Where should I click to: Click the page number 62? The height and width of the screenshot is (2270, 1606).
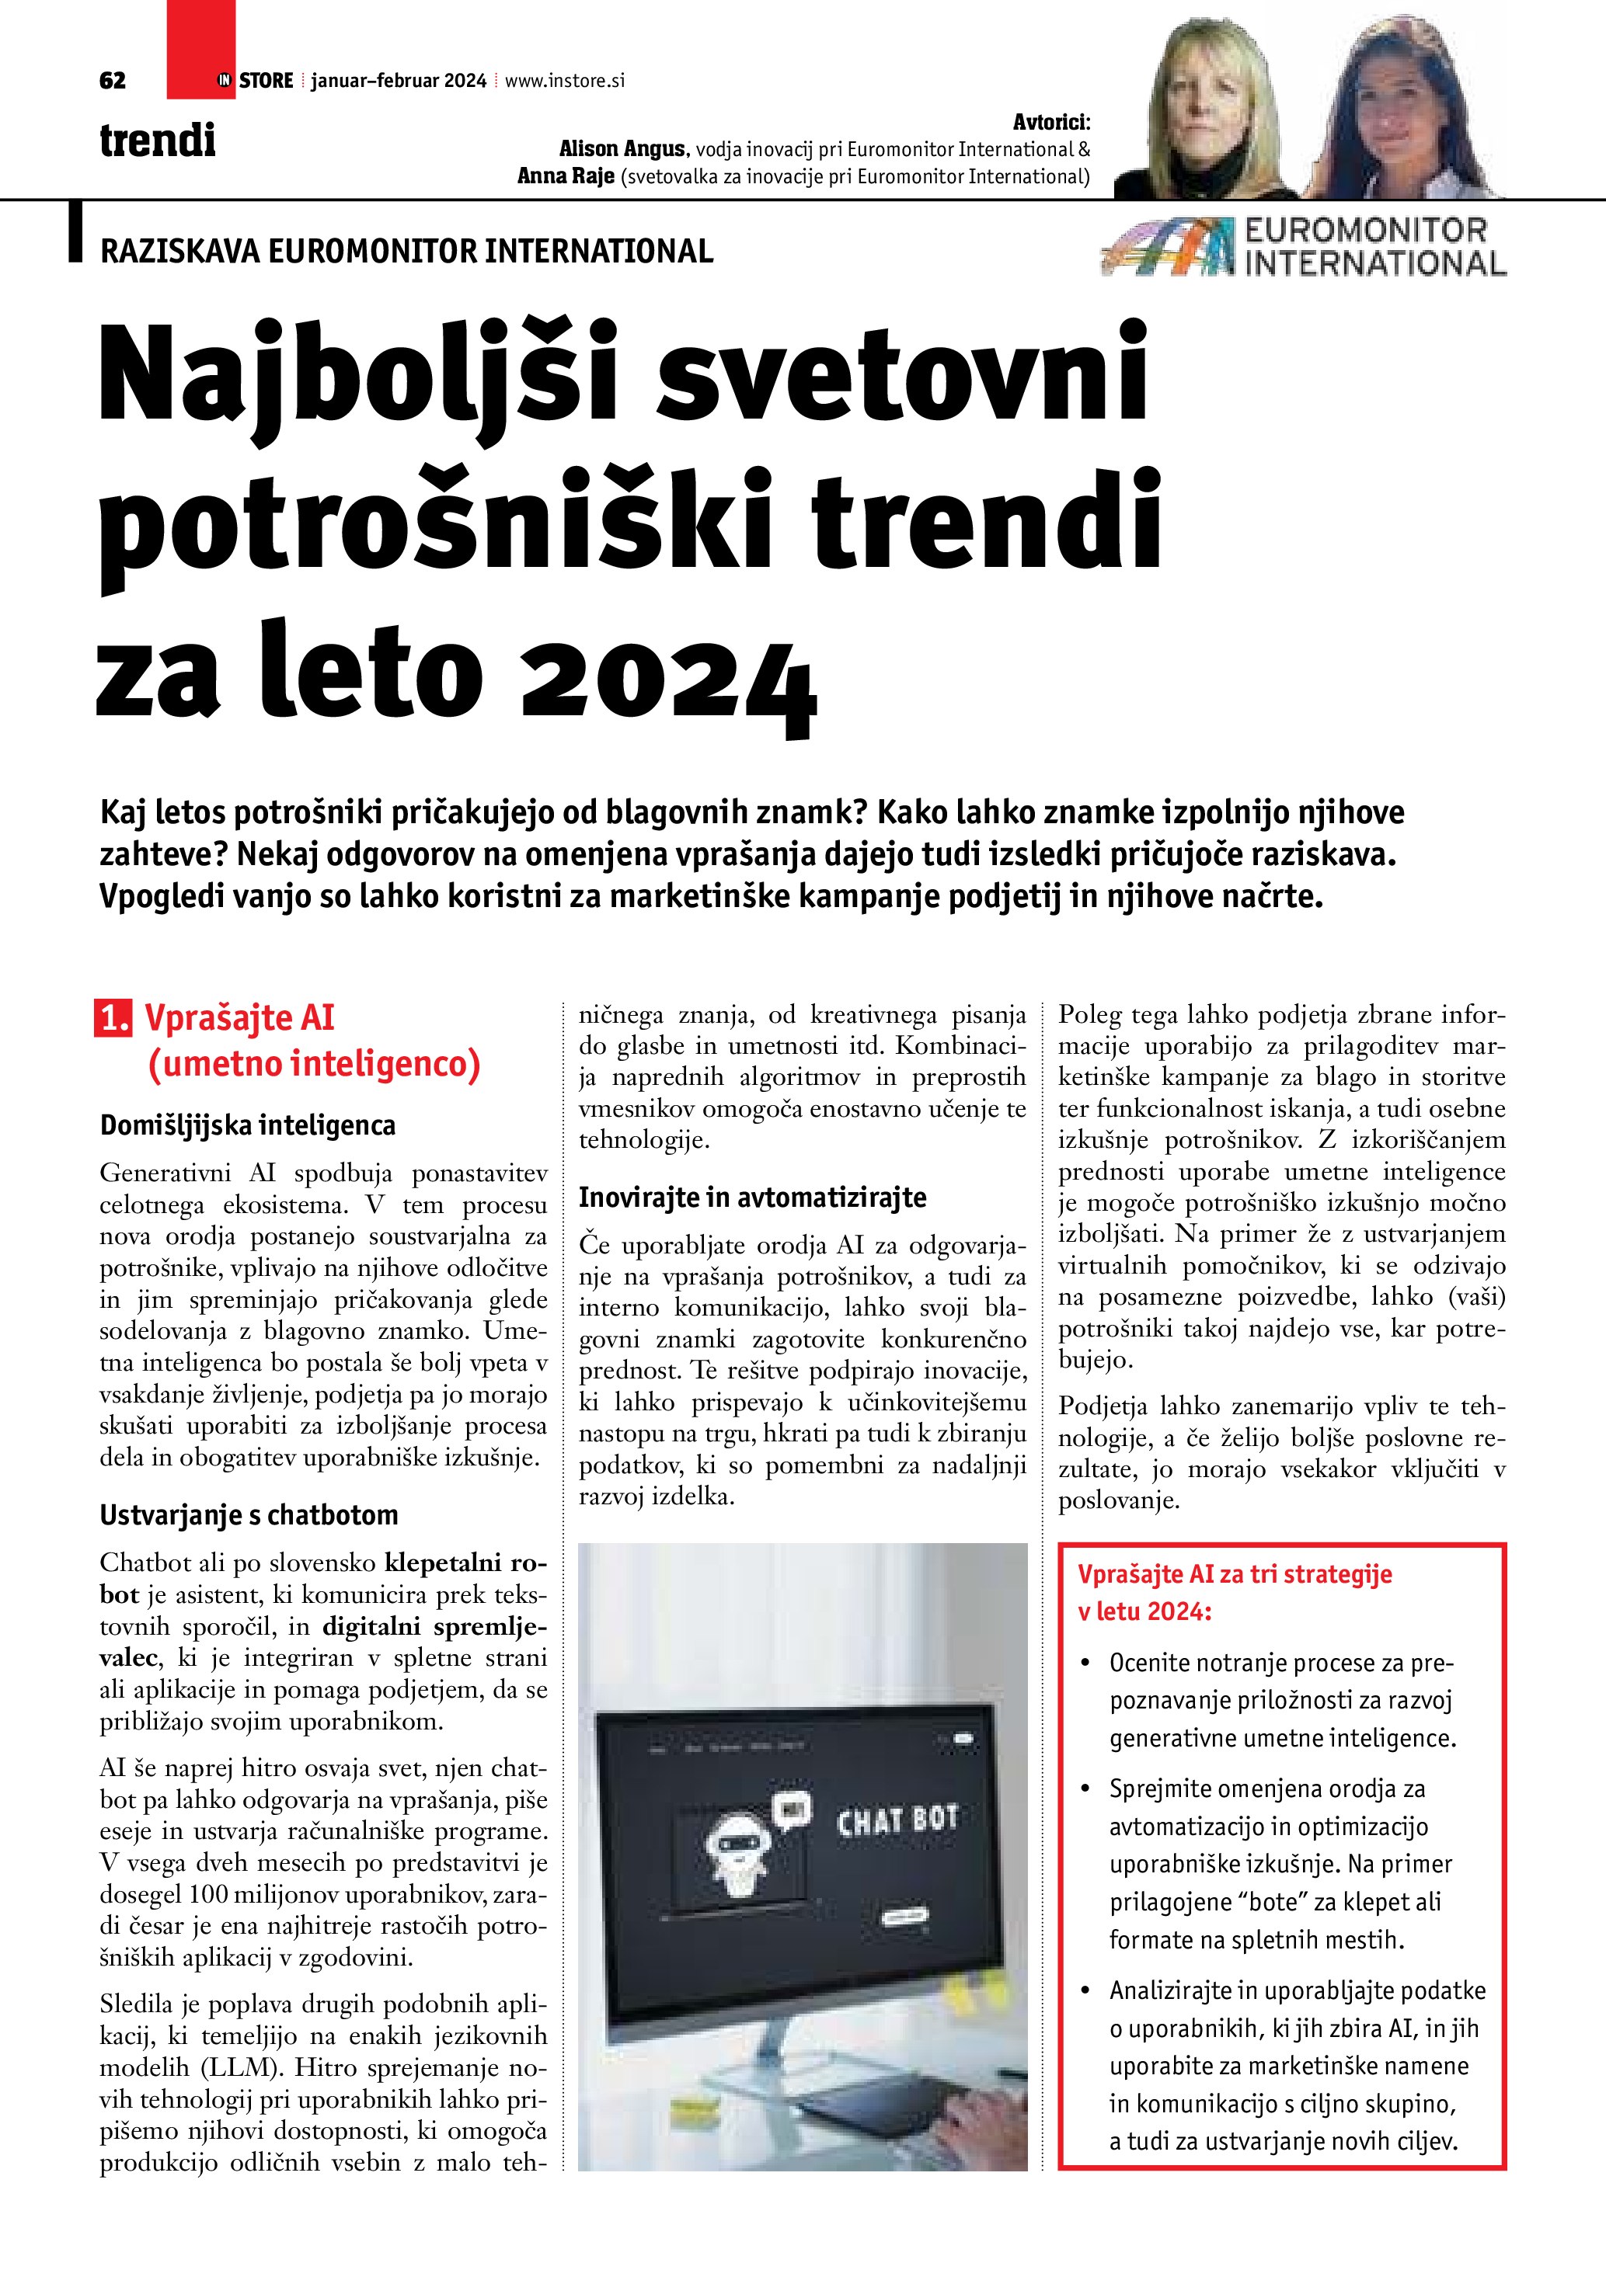tap(113, 81)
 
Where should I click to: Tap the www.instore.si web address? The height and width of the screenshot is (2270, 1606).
tap(565, 81)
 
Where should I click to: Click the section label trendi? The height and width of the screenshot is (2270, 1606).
tap(157, 141)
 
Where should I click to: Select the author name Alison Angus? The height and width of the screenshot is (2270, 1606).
tap(622, 149)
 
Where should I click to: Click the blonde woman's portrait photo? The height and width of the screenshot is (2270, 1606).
tap(1211, 113)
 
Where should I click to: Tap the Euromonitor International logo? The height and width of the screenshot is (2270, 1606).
tap(1304, 247)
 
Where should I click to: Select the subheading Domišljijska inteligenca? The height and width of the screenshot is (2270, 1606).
tap(247, 1125)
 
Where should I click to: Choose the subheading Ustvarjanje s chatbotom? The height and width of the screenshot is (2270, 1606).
tap(248, 1514)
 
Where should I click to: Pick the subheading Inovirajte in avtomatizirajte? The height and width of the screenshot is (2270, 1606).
tap(753, 1198)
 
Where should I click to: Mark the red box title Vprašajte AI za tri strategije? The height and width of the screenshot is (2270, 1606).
tap(1234, 1574)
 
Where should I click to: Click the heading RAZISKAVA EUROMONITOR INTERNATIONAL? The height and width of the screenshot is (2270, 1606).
tap(406, 251)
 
